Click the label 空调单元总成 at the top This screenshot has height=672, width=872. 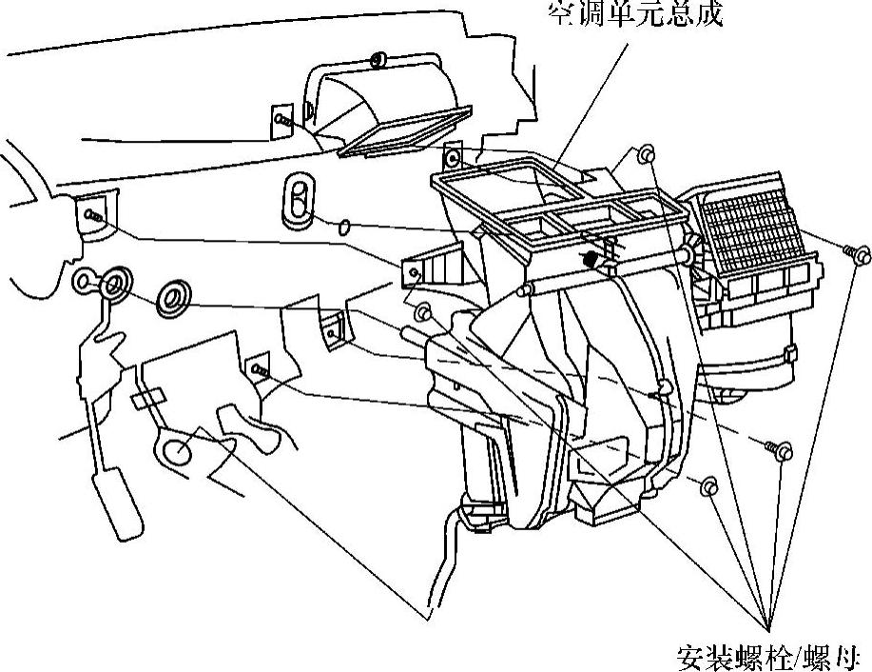[634, 15]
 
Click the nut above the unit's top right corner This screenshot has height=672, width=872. [647, 153]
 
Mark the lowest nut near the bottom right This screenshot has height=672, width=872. [708, 487]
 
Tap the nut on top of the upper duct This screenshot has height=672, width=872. [378, 61]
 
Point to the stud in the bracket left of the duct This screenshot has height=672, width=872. [282, 120]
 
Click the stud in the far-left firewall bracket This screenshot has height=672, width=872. [91, 216]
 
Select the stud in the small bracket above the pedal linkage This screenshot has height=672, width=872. [259, 367]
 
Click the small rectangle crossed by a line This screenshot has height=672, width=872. [147, 398]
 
